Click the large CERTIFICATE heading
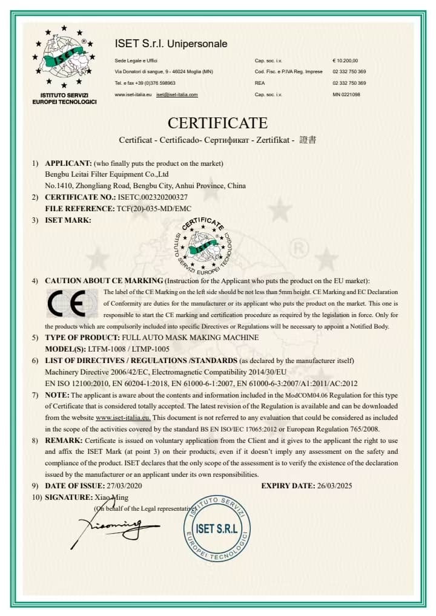point(217,123)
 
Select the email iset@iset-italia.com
point(177,95)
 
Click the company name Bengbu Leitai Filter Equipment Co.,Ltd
point(111,175)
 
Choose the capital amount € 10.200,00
point(345,61)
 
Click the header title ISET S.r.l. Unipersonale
point(171,44)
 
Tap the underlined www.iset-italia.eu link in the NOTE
point(124,418)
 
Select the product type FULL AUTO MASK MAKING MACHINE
point(190,338)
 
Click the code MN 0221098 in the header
point(346,95)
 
